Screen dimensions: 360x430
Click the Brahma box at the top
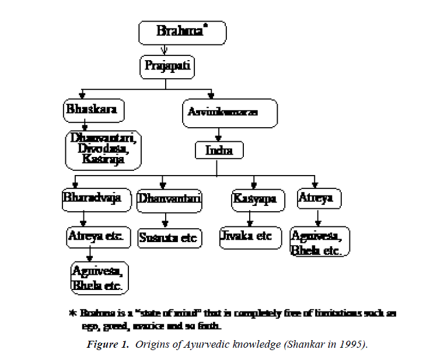pos(181,33)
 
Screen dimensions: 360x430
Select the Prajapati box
pos(167,67)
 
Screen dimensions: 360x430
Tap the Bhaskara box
pos(94,109)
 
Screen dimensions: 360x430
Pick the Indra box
pos(219,151)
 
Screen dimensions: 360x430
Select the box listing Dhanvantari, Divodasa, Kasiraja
pos(103,150)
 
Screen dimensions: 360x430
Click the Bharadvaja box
pos(91,199)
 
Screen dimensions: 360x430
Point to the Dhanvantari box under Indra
pos(169,200)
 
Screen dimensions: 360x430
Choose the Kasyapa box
pos(257,200)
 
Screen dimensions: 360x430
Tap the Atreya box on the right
pos(319,199)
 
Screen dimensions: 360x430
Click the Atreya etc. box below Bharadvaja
pos(95,237)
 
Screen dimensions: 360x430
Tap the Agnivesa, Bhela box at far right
pos(320,242)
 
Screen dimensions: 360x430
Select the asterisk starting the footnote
pos(72,313)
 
